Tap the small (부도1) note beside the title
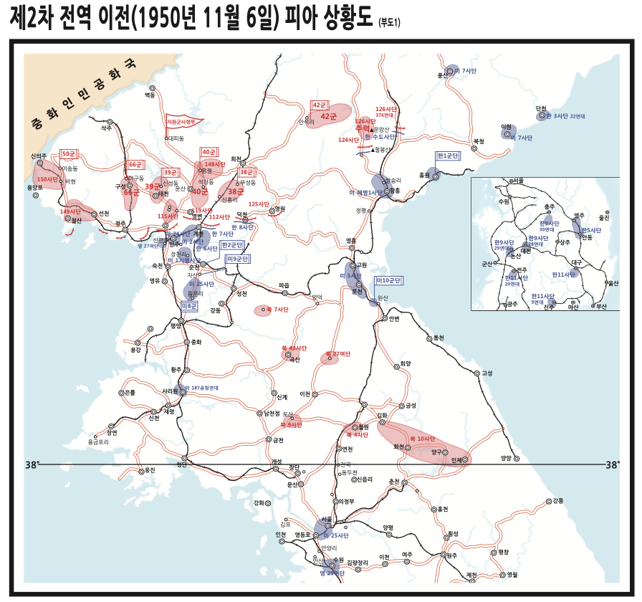pyautogui.click(x=389, y=22)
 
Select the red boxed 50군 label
pyautogui.click(x=70, y=154)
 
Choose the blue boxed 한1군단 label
pyautogui.click(x=448, y=156)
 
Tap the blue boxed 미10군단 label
pyautogui.click(x=391, y=280)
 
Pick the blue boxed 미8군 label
pyautogui.click(x=190, y=306)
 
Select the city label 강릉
pyautogui.click(x=559, y=501)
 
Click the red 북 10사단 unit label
pyautogui.click(x=422, y=438)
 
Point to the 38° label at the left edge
pyautogui.click(x=32, y=465)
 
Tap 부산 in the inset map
pyautogui.click(x=600, y=307)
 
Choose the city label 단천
pyautogui.click(x=541, y=108)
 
